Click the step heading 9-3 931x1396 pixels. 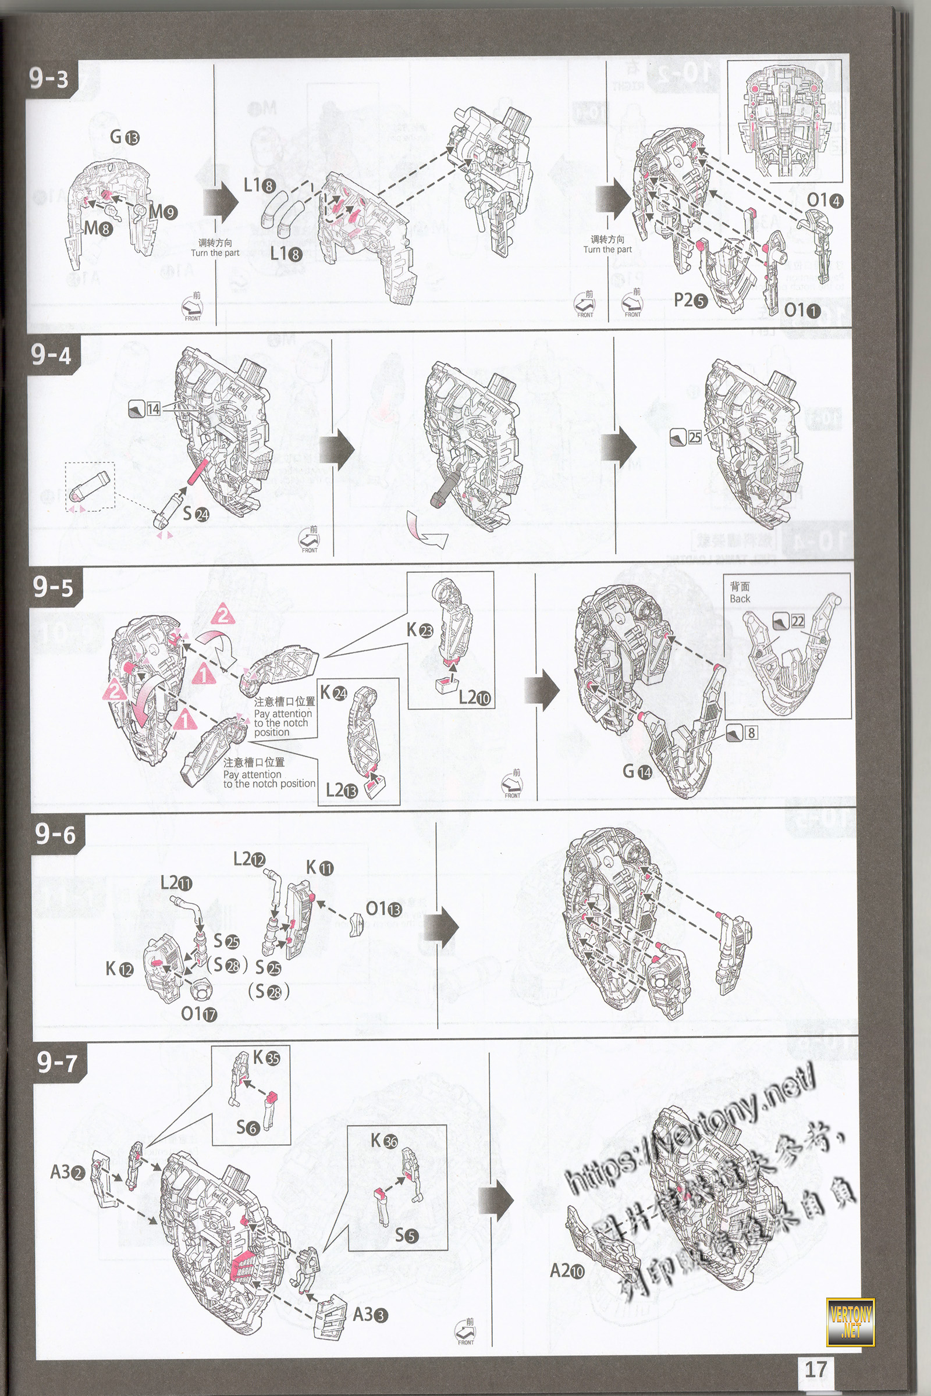(x=49, y=79)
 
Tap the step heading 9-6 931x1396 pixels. (x=55, y=834)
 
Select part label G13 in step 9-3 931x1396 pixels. (x=125, y=138)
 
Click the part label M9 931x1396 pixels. (x=163, y=212)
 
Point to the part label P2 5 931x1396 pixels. (x=691, y=301)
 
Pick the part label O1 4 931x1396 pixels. (x=824, y=201)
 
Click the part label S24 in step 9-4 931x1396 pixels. (x=196, y=514)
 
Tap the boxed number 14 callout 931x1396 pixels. (x=153, y=409)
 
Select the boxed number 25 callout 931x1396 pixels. (x=694, y=438)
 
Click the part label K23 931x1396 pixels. (x=420, y=631)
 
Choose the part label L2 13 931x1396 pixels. (x=342, y=790)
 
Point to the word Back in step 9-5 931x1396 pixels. (x=740, y=599)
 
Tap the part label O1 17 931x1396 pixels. (x=199, y=1014)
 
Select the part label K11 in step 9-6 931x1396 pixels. (x=319, y=868)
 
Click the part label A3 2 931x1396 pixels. (x=67, y=1171)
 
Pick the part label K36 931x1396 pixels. (x=384, y=1141)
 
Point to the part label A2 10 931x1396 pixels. (x=567, y=1270)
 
